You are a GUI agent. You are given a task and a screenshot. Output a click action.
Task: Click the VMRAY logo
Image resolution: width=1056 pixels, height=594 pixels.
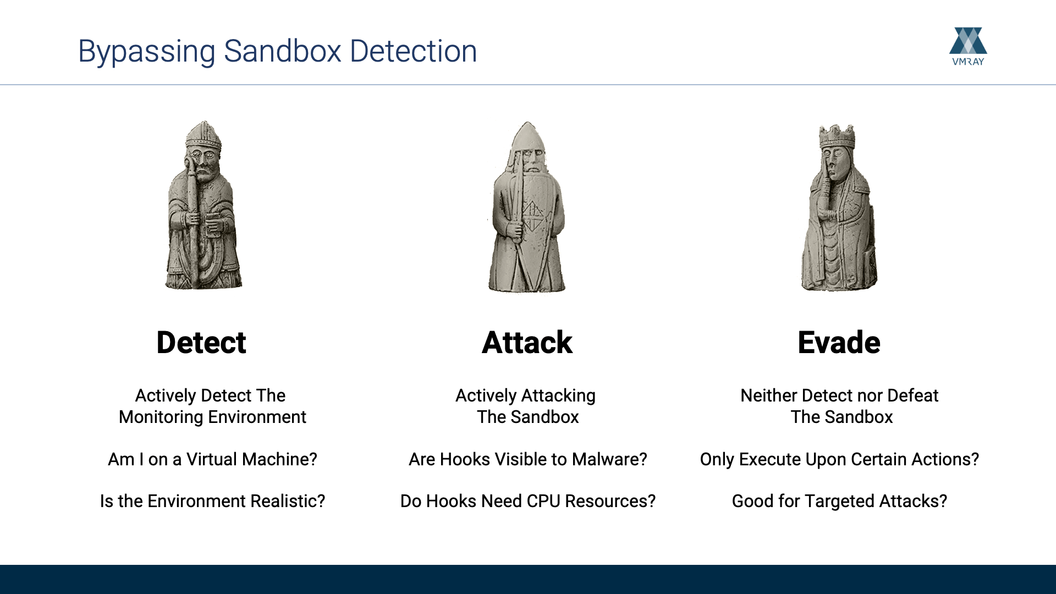point(968,46)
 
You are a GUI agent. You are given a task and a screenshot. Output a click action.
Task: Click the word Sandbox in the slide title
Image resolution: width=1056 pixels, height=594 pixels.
point(283,51)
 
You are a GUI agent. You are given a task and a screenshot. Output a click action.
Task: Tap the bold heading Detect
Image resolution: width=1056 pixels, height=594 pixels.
point(201,342)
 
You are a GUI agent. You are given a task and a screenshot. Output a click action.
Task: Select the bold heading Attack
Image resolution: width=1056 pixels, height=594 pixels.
point(527,342)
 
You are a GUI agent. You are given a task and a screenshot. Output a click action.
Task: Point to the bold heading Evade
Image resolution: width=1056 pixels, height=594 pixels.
point(839,342)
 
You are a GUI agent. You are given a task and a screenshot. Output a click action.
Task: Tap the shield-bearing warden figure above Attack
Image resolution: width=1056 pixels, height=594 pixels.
point(526,207)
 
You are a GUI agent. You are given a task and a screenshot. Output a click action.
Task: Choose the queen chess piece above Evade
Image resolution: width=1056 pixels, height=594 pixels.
point(839,208)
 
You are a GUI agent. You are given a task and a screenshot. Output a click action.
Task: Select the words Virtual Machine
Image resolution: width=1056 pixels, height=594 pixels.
point(252,459)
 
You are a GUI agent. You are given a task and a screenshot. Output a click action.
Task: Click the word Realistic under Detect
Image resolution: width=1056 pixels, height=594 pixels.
point(288,501)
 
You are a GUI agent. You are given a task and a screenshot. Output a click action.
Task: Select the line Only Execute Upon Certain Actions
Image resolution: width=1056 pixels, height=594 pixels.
point(839,460)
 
